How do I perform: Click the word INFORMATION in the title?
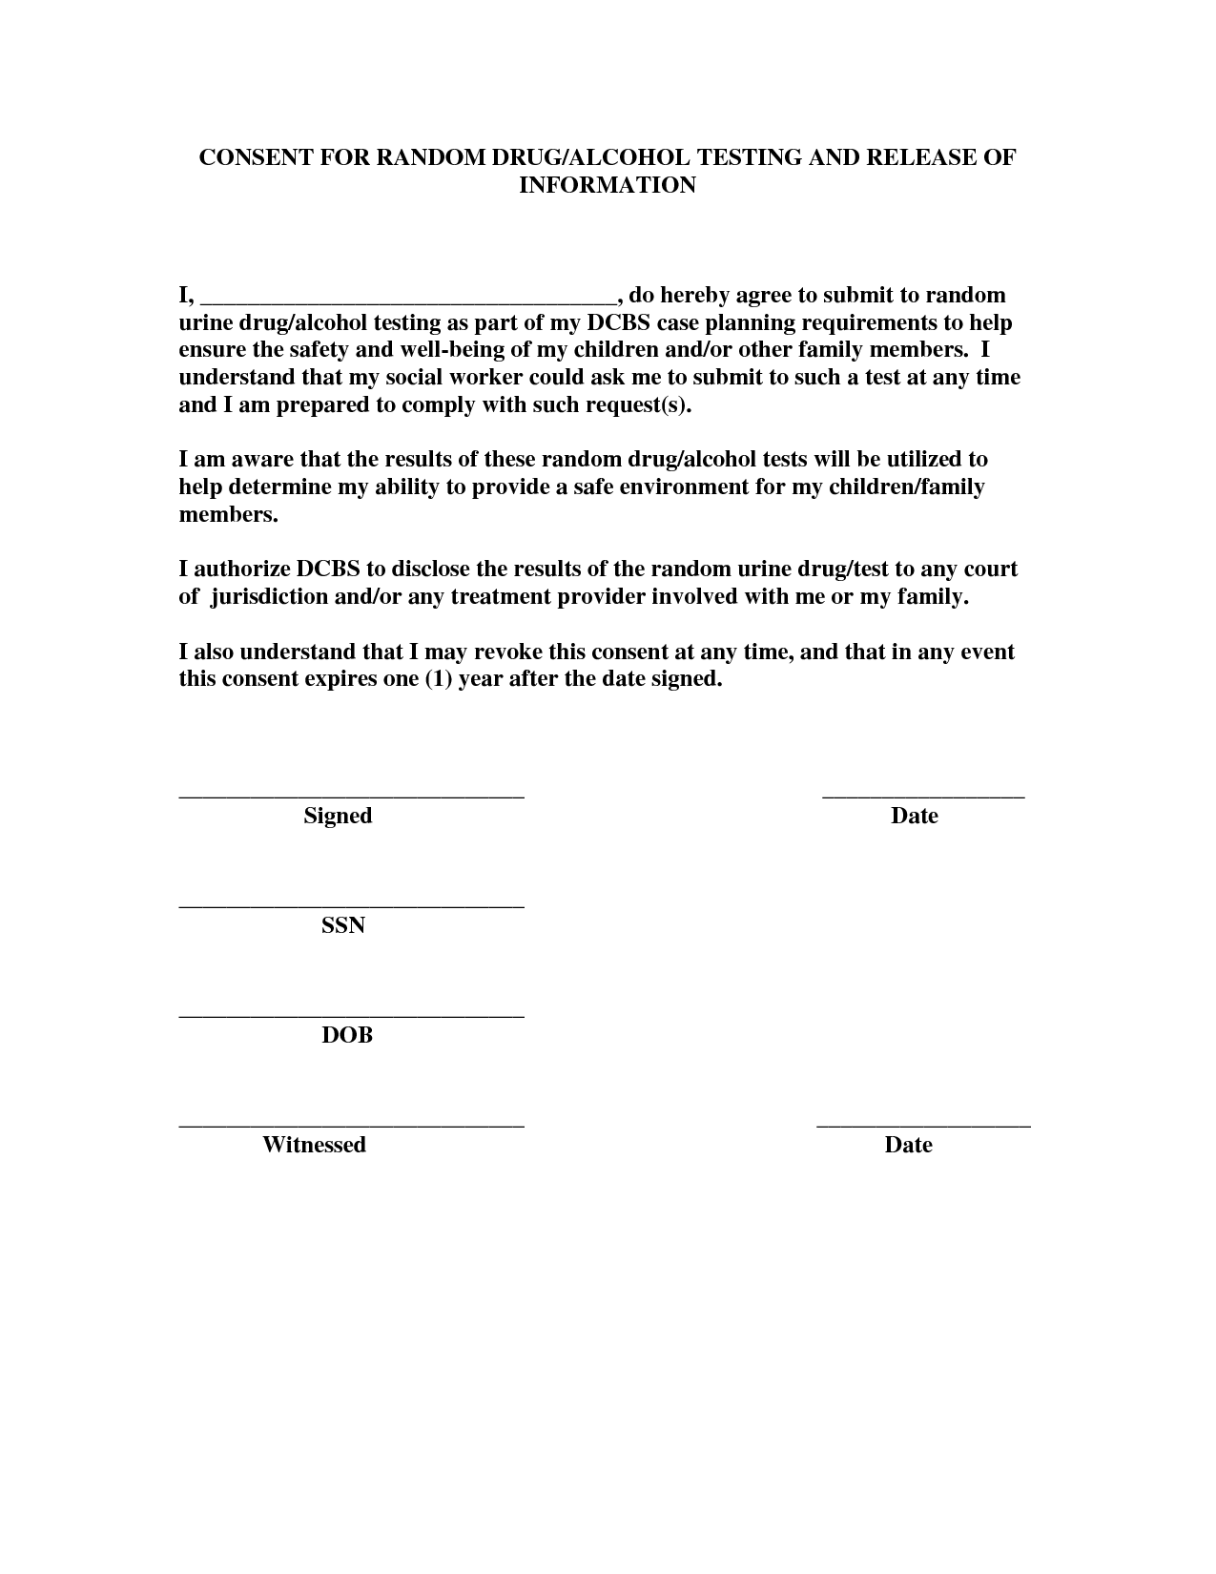coord(607,185)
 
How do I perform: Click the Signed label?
coord(338,817)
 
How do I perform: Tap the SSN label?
coord(343,925)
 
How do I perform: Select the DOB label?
coord(346,1035)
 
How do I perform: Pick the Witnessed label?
coord(314,1145)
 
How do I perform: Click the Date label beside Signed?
coord(914,817)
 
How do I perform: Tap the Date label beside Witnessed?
coord(908,1145)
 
